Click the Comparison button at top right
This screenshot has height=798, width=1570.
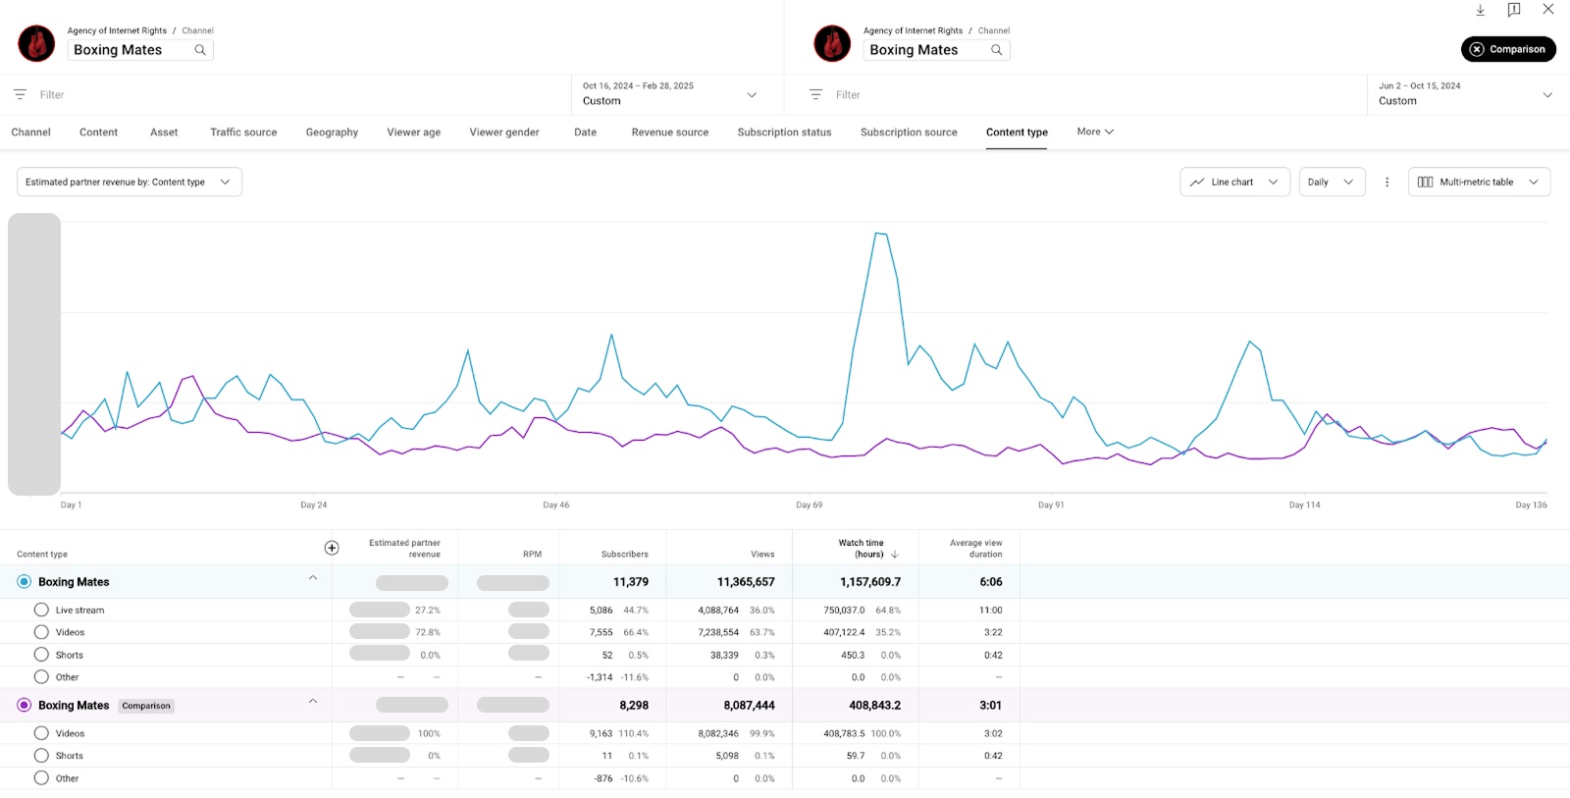coord(1508,49)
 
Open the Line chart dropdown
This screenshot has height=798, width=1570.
coord(1234,182)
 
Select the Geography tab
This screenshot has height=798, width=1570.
coord(332,133)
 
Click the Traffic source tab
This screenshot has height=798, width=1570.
coord(243,133)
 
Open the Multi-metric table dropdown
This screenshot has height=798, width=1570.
coord(1479,182)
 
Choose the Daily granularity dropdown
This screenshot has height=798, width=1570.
coord(1332,182)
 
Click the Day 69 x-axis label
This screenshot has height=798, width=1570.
coord(810,505)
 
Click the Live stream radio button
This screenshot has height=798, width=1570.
coord(41,610)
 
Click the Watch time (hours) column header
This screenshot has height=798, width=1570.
coord(862,548)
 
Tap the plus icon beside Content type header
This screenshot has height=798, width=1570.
coord(332,548)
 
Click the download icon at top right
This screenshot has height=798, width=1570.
coord(1481,10)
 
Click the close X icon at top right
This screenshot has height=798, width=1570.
coord(1547,9)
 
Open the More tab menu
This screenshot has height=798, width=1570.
coord(1095,132)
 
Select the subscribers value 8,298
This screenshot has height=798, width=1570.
coord(634,706)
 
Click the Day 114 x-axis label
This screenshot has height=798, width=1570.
coord(1304,505)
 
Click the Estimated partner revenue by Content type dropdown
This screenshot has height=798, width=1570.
coord(129,182)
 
